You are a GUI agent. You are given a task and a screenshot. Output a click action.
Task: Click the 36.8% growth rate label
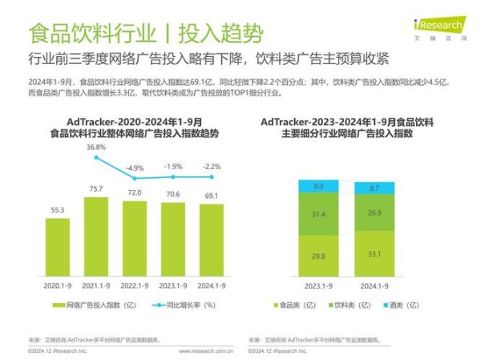click(x=96, y=148)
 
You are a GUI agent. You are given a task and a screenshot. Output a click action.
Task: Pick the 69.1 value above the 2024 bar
click(x=212, y=195)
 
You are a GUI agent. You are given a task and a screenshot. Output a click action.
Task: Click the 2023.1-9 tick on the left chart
click(x=173, y=285)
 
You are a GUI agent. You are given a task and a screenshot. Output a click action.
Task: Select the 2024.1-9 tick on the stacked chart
click(x=374, y=285)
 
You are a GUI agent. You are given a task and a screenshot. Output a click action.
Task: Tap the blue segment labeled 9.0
click(x=317, y=187)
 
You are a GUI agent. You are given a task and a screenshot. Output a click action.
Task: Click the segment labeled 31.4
click(x=317, y=214)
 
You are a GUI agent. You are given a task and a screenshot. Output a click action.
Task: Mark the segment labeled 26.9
click(x=374, y=213)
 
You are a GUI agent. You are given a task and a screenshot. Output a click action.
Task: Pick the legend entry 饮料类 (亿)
click(x=349, y=305)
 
